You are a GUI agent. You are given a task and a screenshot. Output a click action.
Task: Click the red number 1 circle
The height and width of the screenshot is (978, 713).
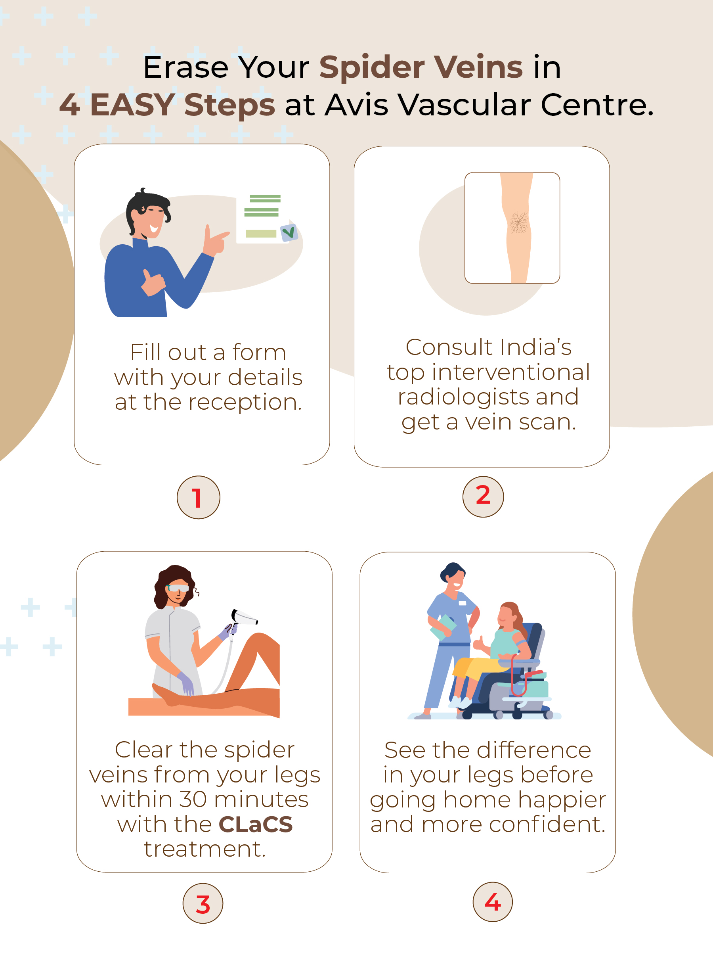click(x=199, y=497)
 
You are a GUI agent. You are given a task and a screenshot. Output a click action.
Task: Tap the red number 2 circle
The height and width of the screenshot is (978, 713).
click(x=483, y=497)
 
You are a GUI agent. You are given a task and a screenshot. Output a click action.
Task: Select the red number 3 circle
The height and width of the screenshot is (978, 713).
click(x=203, y=903)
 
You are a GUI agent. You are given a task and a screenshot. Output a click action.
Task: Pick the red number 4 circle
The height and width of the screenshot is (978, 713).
click(x=493, y=901)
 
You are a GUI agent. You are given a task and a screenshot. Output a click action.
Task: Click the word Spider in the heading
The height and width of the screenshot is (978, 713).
click(x=372, y=68)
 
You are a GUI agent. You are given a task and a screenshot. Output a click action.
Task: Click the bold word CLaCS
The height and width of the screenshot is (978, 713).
click(x=256, y=824)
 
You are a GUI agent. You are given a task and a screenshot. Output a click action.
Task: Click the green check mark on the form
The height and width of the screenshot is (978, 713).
click(x=288, y=232)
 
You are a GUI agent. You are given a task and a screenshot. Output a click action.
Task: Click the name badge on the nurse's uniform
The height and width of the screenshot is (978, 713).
click(x=462, y=603)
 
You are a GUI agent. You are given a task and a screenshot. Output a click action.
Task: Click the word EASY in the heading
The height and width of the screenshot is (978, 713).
click(x=132, y=105)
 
